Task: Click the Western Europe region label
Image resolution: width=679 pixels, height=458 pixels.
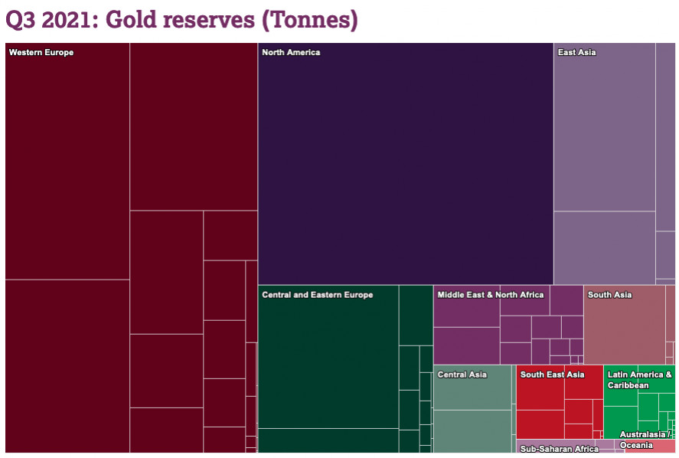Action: [x=41, y=53]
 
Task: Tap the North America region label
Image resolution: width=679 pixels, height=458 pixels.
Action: [x=291, y=53]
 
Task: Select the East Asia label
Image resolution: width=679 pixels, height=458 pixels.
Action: [x=576, y=53]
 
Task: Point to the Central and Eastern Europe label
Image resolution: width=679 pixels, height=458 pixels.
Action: [x=317, y=295]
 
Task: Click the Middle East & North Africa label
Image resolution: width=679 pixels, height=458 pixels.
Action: [x=490, y=295]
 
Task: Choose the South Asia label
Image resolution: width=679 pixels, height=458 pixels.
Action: [x=609, y=295]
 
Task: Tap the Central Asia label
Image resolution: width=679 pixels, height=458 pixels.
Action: [x=462, y=375]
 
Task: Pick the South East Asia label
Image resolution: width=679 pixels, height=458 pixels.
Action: [x=552, y=375]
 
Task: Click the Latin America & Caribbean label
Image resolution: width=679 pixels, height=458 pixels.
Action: [x=639, y=380]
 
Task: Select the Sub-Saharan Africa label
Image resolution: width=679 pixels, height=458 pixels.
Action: [x=559, y=449]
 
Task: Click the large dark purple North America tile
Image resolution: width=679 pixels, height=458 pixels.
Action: [x=405, y=168]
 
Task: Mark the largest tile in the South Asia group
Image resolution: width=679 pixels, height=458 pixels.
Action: [x=624, y=329]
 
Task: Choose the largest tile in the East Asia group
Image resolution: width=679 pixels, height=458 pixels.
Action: [x=604, y=130]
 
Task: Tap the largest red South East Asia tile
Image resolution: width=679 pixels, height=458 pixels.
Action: [x=540, y=394]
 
